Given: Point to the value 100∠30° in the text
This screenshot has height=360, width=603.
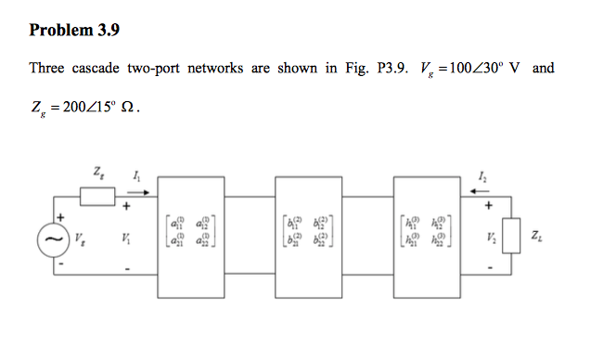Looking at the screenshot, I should click(x=470, y=69).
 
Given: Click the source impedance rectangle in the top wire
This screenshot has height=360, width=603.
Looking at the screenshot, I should click(x=97, y=197).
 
